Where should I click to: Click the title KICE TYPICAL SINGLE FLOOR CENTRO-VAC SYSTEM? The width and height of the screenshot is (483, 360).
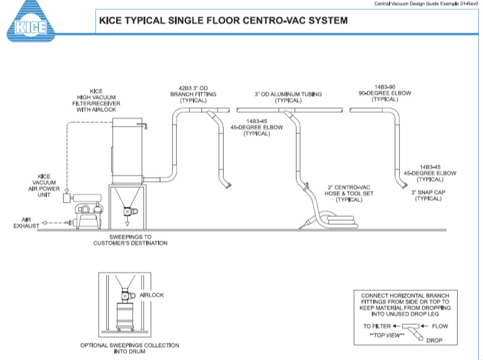[x=223, y=20]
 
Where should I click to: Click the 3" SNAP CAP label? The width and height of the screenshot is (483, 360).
[x=430, y=196]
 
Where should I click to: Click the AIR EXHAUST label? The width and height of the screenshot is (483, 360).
[x=26, y=223]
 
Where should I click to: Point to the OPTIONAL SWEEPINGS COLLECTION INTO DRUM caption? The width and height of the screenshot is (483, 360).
[x=130, y=348]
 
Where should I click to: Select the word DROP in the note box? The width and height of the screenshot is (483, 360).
[x=436, y=340]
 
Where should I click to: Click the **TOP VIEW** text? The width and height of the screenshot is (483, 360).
[x=390, y=335]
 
